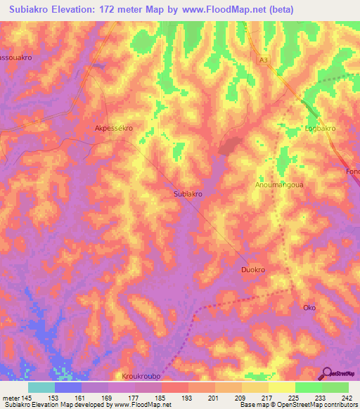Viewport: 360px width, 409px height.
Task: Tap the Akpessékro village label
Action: pos(114,129)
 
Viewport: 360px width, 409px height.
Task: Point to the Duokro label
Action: pos(254,269)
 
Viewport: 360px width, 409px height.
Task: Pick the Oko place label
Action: pos(309,308)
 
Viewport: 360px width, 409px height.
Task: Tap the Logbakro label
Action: pos(320,129)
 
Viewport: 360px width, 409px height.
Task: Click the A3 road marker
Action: pos(264,61)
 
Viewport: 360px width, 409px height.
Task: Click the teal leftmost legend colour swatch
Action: pos(41,387)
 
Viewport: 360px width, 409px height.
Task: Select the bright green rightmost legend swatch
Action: pos(335,387)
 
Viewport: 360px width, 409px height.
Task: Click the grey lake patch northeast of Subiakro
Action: pos(229,145)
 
